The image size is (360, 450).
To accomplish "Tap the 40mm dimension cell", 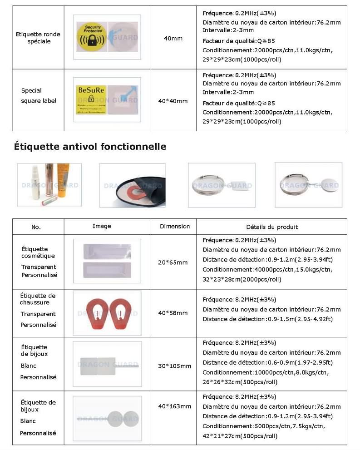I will click(x=173, y=39).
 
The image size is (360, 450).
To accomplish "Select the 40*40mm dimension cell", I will click(x=173, y=101).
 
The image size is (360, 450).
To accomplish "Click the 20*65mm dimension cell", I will click(x=173, y=262).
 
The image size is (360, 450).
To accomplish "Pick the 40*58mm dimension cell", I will click(x=173, y=313).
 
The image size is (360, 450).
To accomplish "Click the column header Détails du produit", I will click(x=272, y=227).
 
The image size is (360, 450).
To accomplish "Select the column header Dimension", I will click(x=175, y=226).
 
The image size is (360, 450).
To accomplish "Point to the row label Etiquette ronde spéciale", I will click(x=38, y=38).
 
